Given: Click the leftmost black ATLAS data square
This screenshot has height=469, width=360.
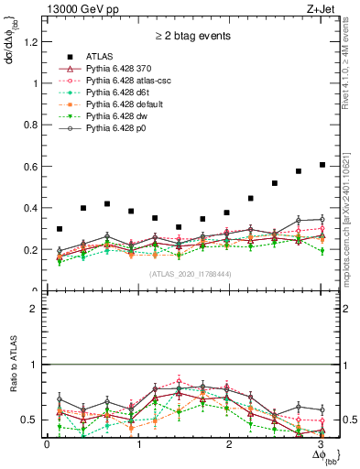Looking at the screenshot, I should pos(60,229).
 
